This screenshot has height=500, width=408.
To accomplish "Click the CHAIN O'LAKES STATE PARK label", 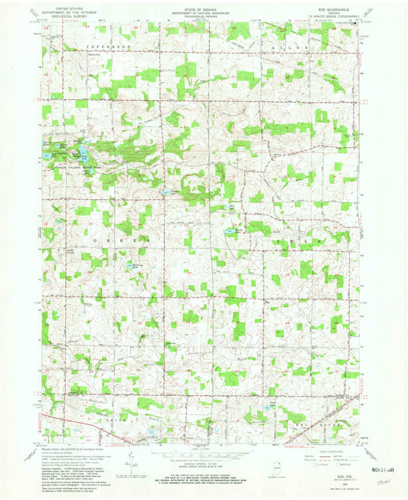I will point(70,170).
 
